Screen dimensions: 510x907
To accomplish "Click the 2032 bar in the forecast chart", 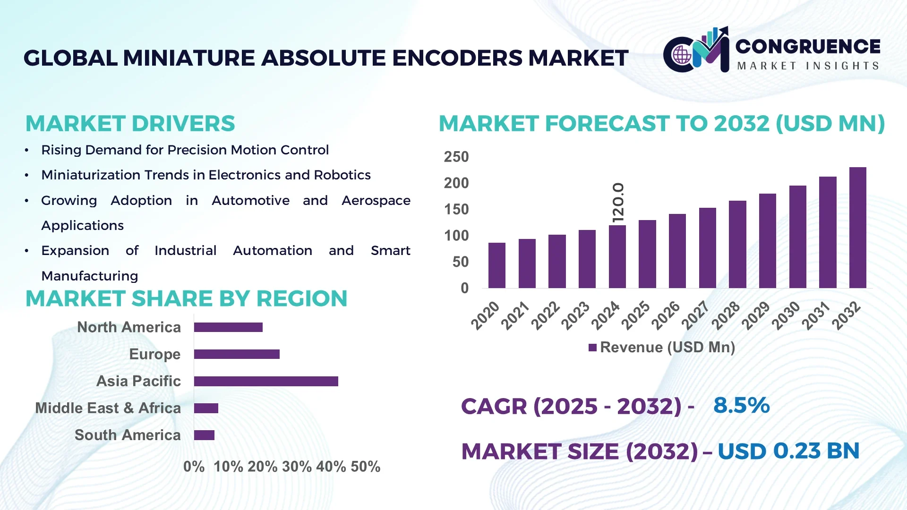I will [857, 228].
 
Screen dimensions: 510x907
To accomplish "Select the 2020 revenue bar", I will [496, 265].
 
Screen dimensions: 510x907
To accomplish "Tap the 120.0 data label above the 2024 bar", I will [618, 203].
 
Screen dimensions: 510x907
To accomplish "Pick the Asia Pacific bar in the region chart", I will [266, 381].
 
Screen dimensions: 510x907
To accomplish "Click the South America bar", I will [204, 435].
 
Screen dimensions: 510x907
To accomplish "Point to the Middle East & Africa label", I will [108, 408].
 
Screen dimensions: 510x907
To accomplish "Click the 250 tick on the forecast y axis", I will [456, 157].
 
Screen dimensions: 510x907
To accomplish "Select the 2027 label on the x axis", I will [695, 315].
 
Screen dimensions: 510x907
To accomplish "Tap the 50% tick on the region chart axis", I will [365, 467].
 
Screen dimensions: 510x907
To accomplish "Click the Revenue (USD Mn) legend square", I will [592, 348].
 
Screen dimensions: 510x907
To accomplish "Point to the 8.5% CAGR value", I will [741, 405].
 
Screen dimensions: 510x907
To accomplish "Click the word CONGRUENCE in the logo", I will [808, 46].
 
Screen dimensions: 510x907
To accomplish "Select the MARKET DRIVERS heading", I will [130, 124].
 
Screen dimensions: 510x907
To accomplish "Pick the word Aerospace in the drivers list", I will [376, 201].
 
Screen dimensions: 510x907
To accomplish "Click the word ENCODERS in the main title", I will [457, 58].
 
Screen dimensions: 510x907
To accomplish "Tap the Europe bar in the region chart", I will [237, 354].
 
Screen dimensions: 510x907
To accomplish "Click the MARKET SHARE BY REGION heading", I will [186, 298].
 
